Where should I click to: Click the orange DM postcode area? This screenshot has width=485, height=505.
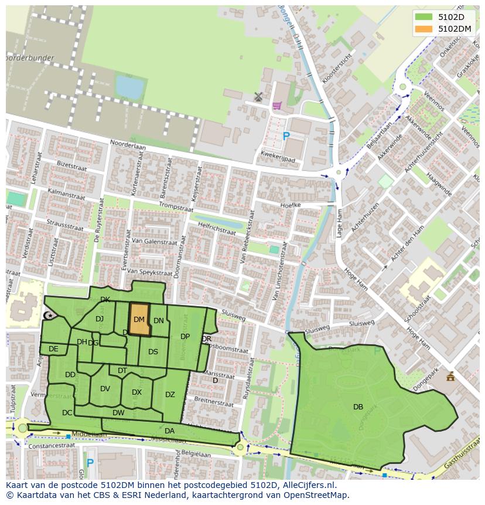coord(139,320)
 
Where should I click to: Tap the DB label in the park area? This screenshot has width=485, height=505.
coord(358,407)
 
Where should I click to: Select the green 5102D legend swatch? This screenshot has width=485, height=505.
coord(424,16)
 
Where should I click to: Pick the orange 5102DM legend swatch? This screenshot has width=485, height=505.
coord(424,28)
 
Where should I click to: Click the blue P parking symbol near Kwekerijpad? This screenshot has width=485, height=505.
coord(286,137)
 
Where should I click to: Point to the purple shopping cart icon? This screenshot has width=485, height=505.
coord(276,106)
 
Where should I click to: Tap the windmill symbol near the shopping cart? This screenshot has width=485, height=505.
coord(258,96)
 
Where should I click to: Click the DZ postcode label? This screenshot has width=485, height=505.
coord(170,395)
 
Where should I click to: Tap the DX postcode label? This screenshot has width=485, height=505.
coord(136,392)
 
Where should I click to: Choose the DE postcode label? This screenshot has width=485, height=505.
coord(53,349)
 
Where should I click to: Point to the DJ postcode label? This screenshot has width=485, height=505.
coord(100,319)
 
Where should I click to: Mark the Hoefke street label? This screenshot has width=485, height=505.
coord(291,205)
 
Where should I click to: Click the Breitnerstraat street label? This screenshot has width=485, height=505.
coord(214,404)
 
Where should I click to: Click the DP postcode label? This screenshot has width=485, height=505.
coord(185,337)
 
